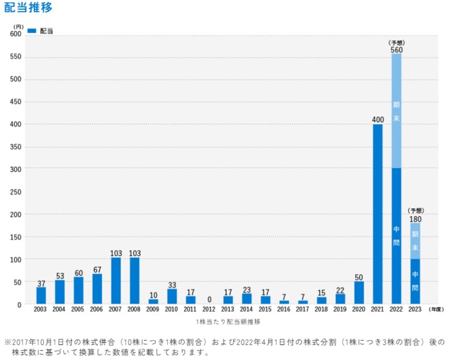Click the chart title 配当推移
pos(28,8)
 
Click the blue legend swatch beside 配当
pos(32,30)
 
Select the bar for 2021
pos(378,213)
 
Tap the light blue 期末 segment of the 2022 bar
pos(396,110)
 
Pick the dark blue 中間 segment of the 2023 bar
pos(415,281)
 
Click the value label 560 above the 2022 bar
pos(396,50)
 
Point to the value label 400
pos(378,120)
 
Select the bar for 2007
pos(116,281)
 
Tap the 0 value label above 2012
pos(209,299)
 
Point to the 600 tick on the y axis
pos(15,34)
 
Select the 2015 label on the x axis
pos(265,310)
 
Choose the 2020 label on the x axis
pos(359,310)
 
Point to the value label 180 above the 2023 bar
pos(415,219)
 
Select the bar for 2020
pos(359,293)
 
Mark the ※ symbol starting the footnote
pos(8,342)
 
